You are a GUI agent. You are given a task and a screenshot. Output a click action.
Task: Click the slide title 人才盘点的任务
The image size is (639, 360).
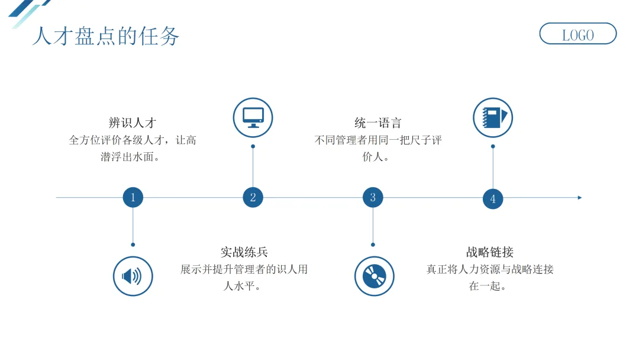(105, 36)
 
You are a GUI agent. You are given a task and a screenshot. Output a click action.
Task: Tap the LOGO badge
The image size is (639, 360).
(577, 34)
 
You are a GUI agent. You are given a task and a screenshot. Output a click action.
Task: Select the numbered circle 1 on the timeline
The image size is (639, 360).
(133, 198)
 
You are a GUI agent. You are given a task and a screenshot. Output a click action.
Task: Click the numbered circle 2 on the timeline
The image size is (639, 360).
(253, 198)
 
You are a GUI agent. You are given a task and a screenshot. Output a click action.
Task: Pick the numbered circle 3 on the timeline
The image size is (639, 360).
(373, 198)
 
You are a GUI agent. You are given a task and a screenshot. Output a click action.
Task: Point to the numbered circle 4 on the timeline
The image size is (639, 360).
(493, 199)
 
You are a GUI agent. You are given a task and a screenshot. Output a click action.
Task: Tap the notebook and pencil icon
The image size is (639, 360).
(493, 118)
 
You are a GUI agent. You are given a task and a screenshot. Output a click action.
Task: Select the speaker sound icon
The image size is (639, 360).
(133, 276)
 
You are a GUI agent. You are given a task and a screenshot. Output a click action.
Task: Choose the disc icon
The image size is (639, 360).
(374, 276)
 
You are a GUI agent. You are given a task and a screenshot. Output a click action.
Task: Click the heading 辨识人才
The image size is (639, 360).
(133, 123)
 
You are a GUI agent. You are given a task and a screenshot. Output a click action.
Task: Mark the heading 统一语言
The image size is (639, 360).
(378, 123)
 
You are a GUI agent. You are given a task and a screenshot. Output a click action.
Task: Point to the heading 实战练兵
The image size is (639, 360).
(244, 252)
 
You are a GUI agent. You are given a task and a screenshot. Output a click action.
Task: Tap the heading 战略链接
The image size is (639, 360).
(490, 252)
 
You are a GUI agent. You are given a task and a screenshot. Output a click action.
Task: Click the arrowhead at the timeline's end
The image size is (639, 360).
(580, 198)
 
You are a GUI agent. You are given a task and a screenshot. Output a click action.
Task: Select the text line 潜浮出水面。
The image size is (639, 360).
(133, 157)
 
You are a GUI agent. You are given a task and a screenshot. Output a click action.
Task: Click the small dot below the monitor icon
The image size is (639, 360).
(253, 146)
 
